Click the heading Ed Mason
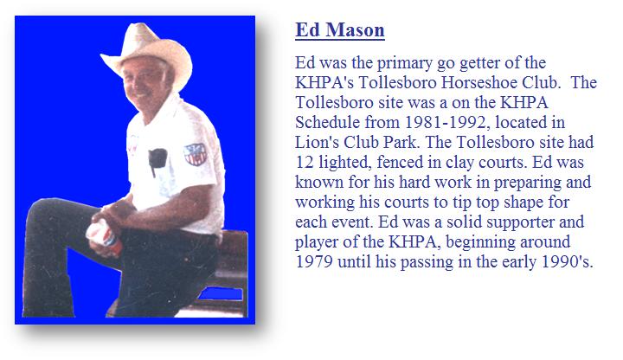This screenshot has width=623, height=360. pyautogui.click(x=340, y=30)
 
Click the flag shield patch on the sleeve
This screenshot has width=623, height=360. pyautogui.click(x=196, y=154)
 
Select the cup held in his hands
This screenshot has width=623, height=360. pyautogui.click(x=104, y=237)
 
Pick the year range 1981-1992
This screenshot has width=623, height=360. pyautogui.click(x=446, y=122)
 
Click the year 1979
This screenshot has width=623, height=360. pyautogui.click(x=314, y=262)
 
